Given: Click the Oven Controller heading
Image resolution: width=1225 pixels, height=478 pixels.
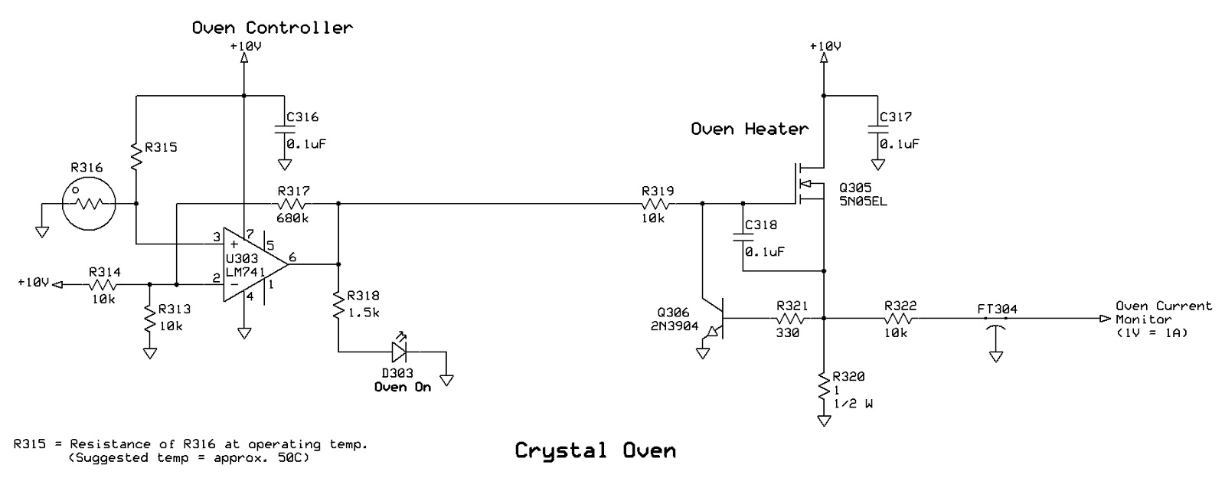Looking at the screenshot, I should coord(272,28).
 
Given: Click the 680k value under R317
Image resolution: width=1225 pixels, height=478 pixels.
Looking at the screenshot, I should coord(293,218).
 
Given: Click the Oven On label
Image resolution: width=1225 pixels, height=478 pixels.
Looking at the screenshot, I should coord(402,387).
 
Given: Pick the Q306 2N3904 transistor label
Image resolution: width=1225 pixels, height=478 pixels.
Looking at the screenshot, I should coord(673,319).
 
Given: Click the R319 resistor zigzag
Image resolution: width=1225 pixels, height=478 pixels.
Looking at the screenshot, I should coord(658,204).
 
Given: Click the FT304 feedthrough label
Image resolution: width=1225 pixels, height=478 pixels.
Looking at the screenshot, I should coord(997,309).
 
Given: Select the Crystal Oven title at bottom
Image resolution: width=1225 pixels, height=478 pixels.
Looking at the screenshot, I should coord(595,450).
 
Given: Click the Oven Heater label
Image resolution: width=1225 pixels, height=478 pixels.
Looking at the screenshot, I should coord(749,129).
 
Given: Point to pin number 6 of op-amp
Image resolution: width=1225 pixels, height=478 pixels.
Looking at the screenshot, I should coord(292,257).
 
